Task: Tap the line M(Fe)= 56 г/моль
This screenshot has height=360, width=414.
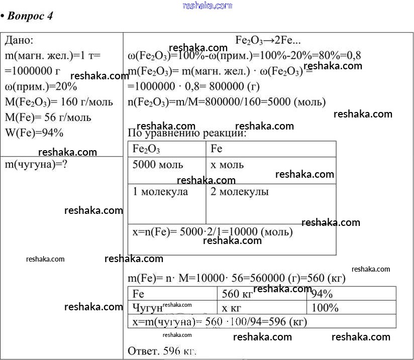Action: coord(48,117)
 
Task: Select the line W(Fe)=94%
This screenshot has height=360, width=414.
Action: coord(35,133)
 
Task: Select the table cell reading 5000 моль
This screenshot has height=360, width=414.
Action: coord(158,165)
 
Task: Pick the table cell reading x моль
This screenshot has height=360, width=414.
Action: coord(227,165)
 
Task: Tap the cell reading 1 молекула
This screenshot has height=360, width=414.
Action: coord(160,192)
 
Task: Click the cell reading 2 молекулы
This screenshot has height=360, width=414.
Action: coord(239,192)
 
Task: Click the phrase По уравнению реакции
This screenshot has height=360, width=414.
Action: coord(187,134)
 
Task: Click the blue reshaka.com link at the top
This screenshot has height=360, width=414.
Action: coord(208,6)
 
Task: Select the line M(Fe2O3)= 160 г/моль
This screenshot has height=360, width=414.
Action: coord(59,102)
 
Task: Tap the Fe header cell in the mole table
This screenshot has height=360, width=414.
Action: coord(217,149)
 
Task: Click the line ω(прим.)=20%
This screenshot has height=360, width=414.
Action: coord(38,86)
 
